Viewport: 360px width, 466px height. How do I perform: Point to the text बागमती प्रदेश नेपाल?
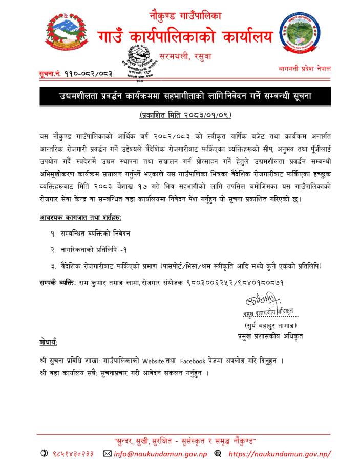[x=304, y=68]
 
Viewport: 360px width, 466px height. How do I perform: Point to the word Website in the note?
[x=163, y=361]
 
